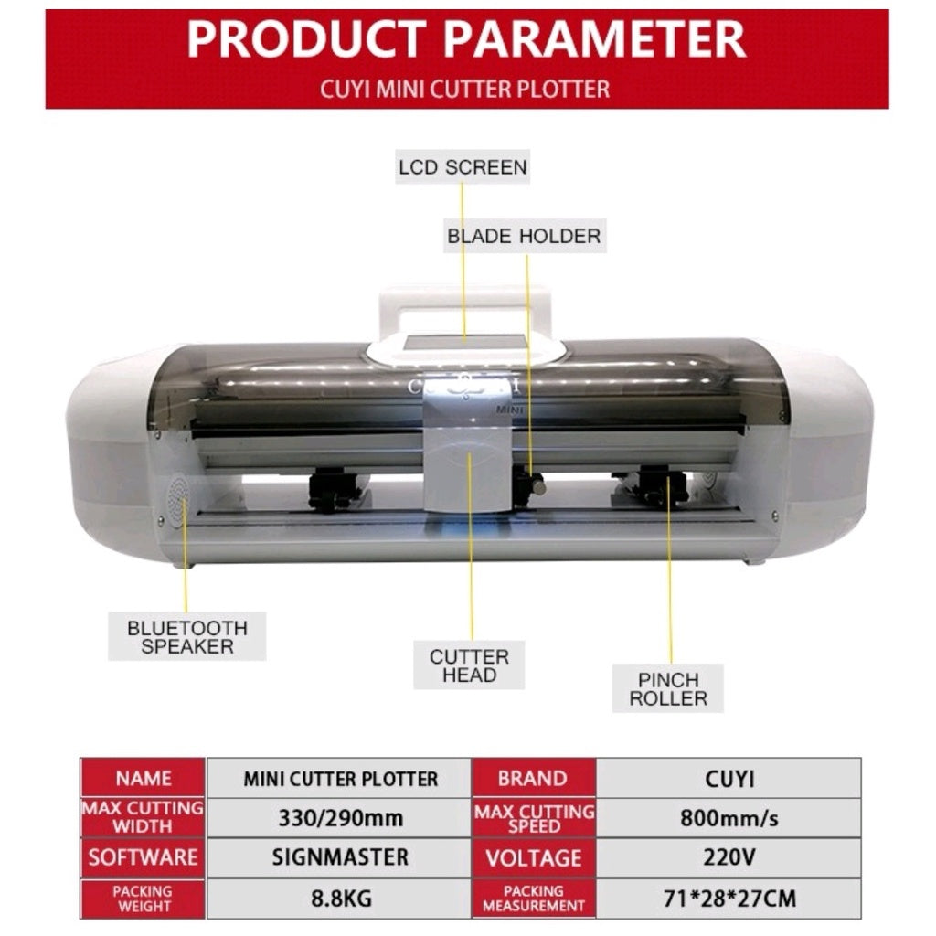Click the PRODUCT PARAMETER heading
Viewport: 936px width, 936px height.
466,38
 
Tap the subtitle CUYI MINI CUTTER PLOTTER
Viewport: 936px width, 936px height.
465,90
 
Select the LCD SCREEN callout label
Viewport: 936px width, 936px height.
463,167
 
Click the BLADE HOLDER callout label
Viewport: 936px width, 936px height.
524,236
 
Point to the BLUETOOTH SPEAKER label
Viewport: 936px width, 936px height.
186,636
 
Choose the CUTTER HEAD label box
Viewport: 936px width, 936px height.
469,665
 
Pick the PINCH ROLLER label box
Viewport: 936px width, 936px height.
668,688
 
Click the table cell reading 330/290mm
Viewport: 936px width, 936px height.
340,817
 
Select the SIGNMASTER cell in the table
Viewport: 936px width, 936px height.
340,857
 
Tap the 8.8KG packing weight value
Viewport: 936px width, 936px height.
340,898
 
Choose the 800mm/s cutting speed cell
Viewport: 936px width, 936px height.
729,817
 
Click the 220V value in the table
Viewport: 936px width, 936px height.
729,857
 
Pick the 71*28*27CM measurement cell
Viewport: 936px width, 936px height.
729,898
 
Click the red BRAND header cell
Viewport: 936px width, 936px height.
534,778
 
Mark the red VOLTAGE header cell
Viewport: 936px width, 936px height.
534,857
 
